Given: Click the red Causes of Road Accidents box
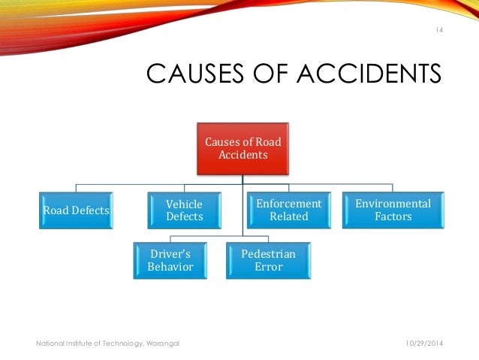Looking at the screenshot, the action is (x=243, y=147).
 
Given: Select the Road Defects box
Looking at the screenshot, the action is (x=75, y=211).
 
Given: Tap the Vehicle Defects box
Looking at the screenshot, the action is (x=184, y=210).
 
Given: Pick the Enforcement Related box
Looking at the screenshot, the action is (x=289, y=210).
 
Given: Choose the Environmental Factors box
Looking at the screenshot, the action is (x=393, y=210).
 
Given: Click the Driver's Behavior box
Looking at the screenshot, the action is (x=170, y=260).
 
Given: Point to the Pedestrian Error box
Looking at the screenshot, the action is (x=268, y=260).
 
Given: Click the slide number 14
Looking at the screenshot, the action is (x=440, y=30).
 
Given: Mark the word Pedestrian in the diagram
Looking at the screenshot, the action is (x=268, y=254).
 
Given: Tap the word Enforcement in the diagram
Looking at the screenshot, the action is (x=289, y=204).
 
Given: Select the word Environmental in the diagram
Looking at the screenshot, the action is (x=393, y=204).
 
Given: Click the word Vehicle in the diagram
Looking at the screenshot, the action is (x=184, y=204).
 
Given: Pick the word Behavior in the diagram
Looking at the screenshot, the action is (x=170, y=267).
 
